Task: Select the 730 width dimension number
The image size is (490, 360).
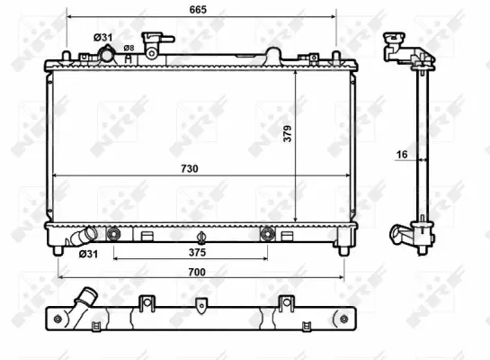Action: click(x=190, y=167)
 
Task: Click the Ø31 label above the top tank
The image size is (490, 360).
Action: click(x=102, y=37)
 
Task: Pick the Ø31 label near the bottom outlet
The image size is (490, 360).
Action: click(x=88, y=254)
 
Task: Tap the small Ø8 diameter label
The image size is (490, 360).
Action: click(x=129, y=48)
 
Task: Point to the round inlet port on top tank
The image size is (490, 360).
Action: click(x=107, y=56)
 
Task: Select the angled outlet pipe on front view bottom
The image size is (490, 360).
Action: click(x=81, y=238)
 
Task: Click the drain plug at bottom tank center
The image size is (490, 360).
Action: click(x=201, y=238)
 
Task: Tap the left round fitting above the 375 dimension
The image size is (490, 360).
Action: click(x=113, y=235)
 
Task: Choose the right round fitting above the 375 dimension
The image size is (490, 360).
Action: click(x=266, y=235)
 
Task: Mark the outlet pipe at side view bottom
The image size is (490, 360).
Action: click(x=401, y=236)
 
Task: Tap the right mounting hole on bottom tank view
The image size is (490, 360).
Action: click(x=342, y=318)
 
